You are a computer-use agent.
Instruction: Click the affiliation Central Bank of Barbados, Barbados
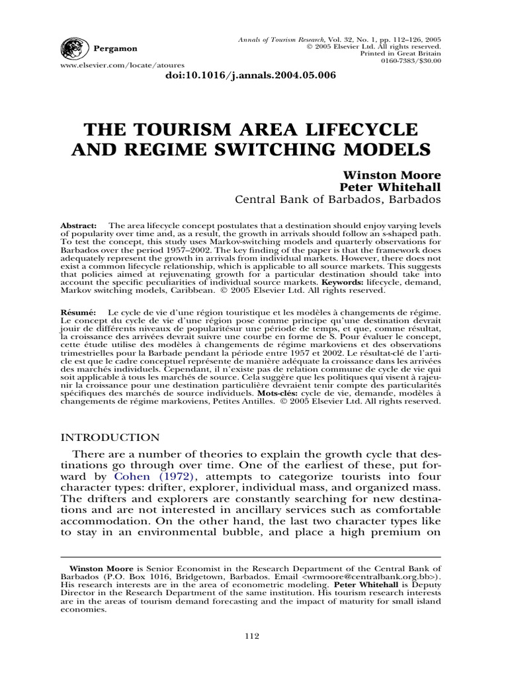pos(338,200)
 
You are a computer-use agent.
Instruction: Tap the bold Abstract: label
pos(79,225)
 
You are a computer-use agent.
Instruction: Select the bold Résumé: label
pos(79,311)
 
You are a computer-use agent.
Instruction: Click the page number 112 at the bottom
pos(251,636)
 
